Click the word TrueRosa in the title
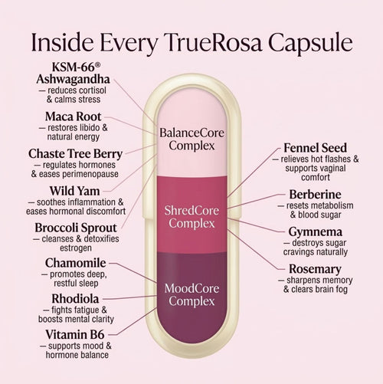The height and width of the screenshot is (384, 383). (213, 42)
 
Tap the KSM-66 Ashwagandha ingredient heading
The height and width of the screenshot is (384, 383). (74, 73)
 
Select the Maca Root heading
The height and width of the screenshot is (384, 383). (74, 117)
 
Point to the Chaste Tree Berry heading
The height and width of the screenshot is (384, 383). (75, 154)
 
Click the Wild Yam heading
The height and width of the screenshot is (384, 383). (74, 191)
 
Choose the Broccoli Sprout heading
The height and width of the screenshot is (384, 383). (76, 228)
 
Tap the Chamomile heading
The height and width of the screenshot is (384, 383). (76, 263)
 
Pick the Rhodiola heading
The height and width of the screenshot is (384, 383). (75, 299)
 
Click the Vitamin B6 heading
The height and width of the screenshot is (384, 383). (75, 335)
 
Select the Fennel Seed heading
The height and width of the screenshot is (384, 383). (316, 148)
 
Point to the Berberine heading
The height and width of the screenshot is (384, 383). (316, 195)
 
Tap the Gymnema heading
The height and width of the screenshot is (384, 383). (316, 232)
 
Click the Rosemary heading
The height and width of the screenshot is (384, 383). (315, 269)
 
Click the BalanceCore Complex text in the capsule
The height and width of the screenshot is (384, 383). (191, 139)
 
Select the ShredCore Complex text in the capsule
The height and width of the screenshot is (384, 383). (191, 217)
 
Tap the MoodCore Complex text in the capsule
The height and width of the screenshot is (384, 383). (191, 294)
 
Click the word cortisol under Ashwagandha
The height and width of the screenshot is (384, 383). (93, 90)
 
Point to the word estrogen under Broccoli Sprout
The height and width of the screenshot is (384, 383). (76, 248)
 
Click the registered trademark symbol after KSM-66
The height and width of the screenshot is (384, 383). (97, 66)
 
